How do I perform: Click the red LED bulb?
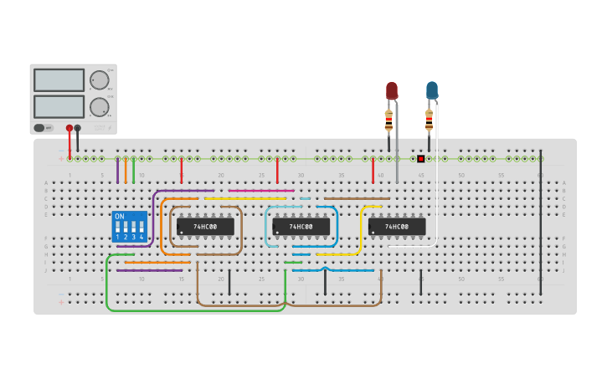pyautogui.click(x=391, y=90)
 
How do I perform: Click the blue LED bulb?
pyautogui.click(x=431, y=90)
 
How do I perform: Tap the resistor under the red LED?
pyautogui.click(x=388, y=121)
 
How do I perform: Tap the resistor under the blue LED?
pyautogui.click(x=429, y=121)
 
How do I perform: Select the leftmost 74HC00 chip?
pyautogui.click(x=205, y=226)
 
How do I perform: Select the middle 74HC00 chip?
pyautogui.click(x=301, y=226)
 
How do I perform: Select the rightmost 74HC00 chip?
pyautogui.click(x=397, y=226)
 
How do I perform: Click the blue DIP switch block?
pyautogui.click(x=129, y=227)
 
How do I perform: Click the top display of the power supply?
pyautogui.click(x=59, y=79)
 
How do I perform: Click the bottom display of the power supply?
pyautogui.click(x=59, y=106)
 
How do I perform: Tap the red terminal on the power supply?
pyautogui.click(x=69, y=128)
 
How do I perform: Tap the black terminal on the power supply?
pyautogui.click(x=78, y=128)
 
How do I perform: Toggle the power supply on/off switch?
pyautogui.click(x=39, y=128)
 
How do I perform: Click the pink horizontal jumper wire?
pyautogui.click(x=260, y=191)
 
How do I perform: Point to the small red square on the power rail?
pyautogui.click(x=420, y=158)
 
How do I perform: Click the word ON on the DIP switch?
pyautogui.click(x=119, y=217)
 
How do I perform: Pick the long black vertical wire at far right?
pyautogui.click(x=541, y=226)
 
